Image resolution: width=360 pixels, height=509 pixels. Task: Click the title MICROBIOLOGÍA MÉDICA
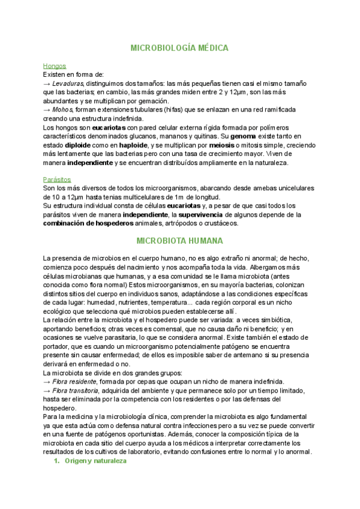(x=179, y=47)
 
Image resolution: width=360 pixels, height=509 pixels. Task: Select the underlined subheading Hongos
(x=55, y=66)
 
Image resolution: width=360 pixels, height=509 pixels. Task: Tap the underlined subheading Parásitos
(x=57, y=179)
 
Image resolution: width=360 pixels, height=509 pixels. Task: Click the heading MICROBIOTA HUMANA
(x=179, y=241)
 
